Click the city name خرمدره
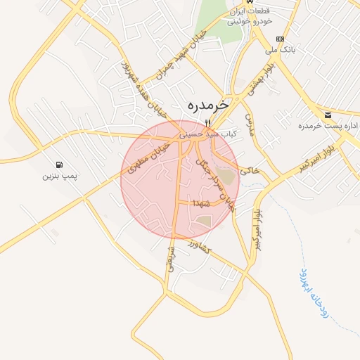[x=208, y=104]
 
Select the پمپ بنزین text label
[x=58, y=174]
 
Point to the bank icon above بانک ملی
[x=281, y=39]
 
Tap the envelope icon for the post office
[x=328, y=115]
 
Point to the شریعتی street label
[x=170, y=258]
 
